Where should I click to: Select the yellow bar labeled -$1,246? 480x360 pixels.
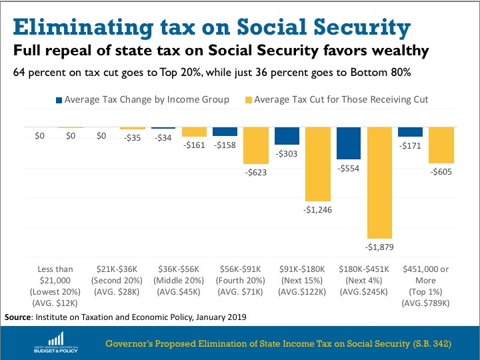point(318,163)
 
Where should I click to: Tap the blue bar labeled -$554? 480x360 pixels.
point(349,142)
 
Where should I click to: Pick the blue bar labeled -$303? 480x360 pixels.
point(287,135)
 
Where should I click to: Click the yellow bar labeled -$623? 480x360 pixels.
point(256,145)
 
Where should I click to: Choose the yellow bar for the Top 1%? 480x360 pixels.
point(441,145)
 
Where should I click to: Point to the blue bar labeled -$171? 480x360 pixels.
point(410,131)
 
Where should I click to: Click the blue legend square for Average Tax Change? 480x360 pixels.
point(59,100)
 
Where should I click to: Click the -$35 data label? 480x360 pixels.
point(133,137)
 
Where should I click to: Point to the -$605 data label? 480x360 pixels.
point(441,172)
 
